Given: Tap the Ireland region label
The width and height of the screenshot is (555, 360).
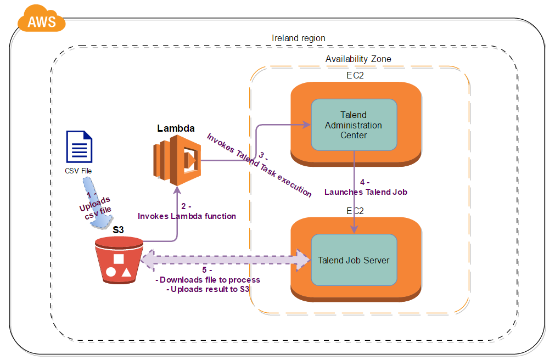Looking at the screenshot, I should click(x=299, y=38).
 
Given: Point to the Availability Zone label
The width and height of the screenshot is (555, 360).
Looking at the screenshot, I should click(x=358, y=59).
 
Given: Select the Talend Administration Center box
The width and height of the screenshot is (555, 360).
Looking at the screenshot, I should click(x=354, y=125).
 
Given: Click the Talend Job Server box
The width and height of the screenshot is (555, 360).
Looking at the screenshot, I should click(x=354, y=260).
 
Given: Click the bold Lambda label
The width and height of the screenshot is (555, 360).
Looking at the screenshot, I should click(x=176, y=128).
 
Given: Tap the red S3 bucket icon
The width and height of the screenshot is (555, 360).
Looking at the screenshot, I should click(x=119, y=260).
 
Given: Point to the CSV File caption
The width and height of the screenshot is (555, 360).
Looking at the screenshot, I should click(x=78, y=171).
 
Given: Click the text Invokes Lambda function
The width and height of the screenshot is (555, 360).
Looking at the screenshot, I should click(x=187, y=216).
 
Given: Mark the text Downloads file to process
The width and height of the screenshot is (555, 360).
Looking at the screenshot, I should click(x=209, y=280).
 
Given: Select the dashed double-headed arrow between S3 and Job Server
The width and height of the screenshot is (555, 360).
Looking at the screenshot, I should click(x=225, y=260).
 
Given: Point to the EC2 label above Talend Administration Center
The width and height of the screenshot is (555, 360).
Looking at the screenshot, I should click(x=355, y=76).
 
